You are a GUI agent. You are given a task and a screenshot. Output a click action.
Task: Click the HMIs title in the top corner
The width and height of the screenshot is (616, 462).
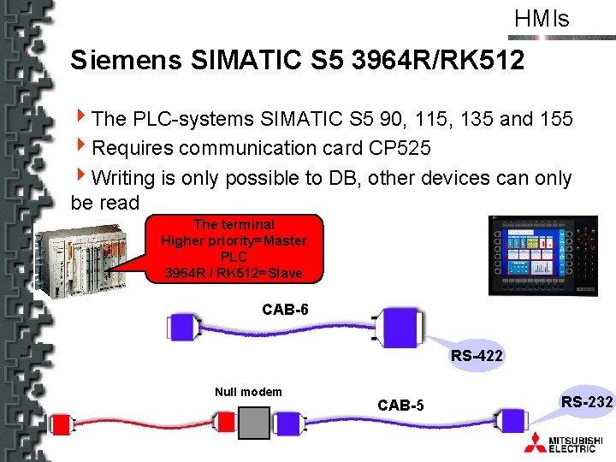[x=542, y=18]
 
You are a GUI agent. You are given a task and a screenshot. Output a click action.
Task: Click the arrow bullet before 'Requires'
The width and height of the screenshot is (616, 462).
[x=81, y=148]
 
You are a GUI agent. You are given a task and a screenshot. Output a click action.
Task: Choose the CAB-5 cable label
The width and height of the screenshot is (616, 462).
[x=400, y=405]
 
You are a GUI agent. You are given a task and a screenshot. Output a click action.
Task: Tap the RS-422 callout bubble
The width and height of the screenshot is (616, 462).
[x=477, y=354]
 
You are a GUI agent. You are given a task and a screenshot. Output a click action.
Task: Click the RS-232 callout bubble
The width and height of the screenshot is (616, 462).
[x=587, y=402]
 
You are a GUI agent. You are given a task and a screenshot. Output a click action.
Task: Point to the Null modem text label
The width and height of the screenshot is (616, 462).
[x=248, y=392]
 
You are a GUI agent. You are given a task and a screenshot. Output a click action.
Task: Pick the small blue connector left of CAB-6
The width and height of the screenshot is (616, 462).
[x=183, y=326]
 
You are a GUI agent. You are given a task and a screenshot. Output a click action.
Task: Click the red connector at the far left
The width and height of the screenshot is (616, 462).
[x=62, y=423]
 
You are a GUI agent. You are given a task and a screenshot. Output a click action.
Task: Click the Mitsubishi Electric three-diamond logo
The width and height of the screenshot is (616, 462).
[x=537, y=441]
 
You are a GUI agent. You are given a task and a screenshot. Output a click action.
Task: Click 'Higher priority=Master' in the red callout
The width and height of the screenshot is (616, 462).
[x=234, y=241]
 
